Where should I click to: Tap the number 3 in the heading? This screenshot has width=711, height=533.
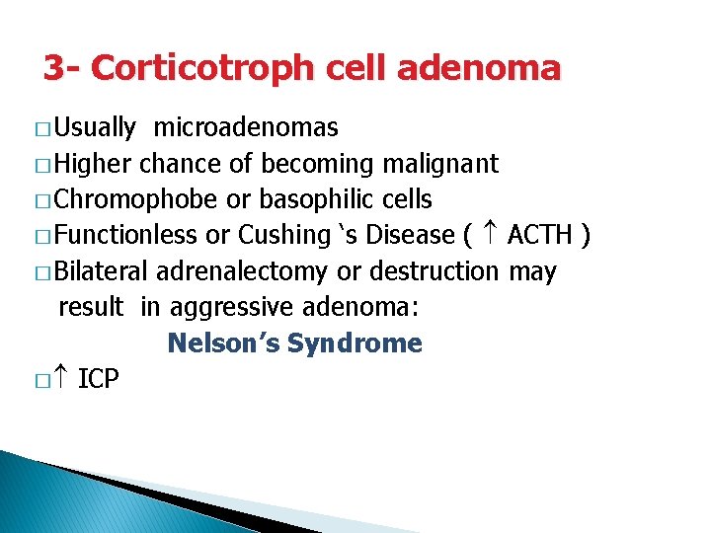54,68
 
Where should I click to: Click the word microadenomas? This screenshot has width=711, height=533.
246,128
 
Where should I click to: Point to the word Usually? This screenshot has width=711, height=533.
95,128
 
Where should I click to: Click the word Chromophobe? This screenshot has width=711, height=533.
136,200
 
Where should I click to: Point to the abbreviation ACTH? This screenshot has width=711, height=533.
540,236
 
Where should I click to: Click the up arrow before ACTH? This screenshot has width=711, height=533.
492,235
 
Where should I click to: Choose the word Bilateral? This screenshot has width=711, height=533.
102,271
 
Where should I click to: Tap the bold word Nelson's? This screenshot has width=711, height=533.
221,343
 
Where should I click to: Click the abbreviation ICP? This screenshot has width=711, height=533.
98,379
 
